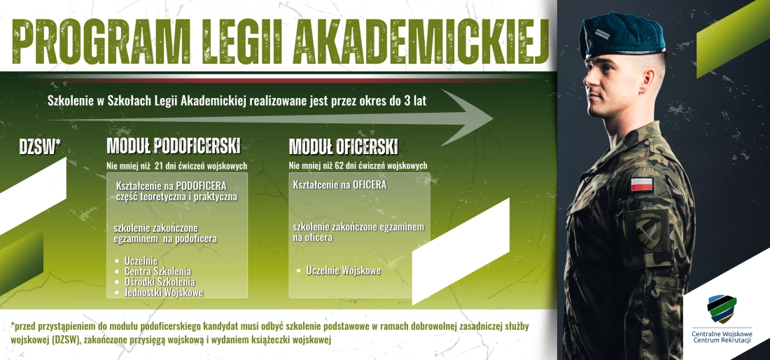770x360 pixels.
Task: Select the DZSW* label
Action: click(x=40, y=146)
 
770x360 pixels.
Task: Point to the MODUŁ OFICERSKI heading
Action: click(x=343, y=146)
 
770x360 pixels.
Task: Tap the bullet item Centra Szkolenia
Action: click(x=157, y=271)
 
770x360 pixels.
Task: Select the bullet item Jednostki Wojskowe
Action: click(x=163, y=292)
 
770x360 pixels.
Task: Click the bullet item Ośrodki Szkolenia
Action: click(x=160, y=282)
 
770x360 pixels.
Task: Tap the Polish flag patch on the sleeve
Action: click(x=641, y=185)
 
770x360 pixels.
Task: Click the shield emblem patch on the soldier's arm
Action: click(x=649, y=228)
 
